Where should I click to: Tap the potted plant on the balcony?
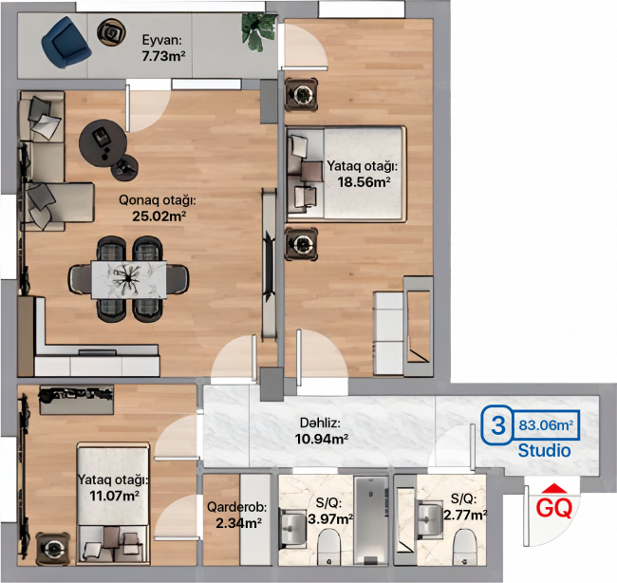click(x=258, y=31)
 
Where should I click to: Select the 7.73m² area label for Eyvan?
click(x=163, y=56)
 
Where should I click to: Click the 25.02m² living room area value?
click(x=159, y=216)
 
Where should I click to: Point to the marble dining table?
click(x=129, y=279)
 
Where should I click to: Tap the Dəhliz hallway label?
click(x=320, y=423)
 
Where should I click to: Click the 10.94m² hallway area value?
click(x=322, y=438)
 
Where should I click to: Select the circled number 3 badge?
click(x=497, y=425)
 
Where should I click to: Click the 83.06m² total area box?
click(x=546, y=425)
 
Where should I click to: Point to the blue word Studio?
click(x=544, y=450)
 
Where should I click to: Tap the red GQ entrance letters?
click(x=554, y=508)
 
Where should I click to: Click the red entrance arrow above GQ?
click(x=554, y=488)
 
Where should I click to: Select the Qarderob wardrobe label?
click(x=237, y=507)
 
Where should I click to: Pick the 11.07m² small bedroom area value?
click(x=114, y=496)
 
